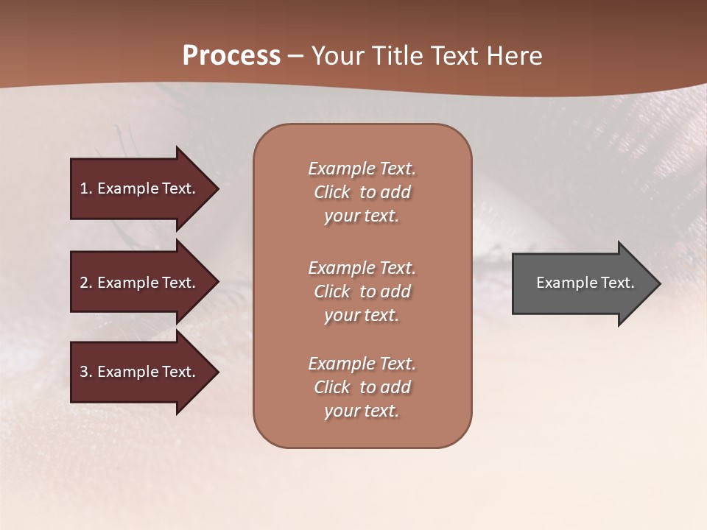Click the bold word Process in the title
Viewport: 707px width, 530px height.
pyautogui.click(x=231, y=56)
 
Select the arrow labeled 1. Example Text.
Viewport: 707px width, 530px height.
pyautogui.click(x=140, y=188)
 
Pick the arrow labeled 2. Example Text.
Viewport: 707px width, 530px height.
pyautogui.click(x=140, y=283)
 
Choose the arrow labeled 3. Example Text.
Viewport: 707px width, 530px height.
pyautogui.click(x=140, y=372)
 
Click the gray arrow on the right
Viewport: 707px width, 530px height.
pyautogui.click(x=582, y=283)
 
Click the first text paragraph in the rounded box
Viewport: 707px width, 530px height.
pyautogui.click(x=362, y=192)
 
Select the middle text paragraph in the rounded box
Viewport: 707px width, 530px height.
pyautogui.click(x=362, y=291)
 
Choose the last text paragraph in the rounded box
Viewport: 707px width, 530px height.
pyautogui.click(x=362, y=387)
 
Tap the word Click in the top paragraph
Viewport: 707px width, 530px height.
pyautogui.click(x=332, y=192)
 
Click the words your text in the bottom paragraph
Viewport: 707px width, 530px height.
pyautogui.click(x=362, y=411)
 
